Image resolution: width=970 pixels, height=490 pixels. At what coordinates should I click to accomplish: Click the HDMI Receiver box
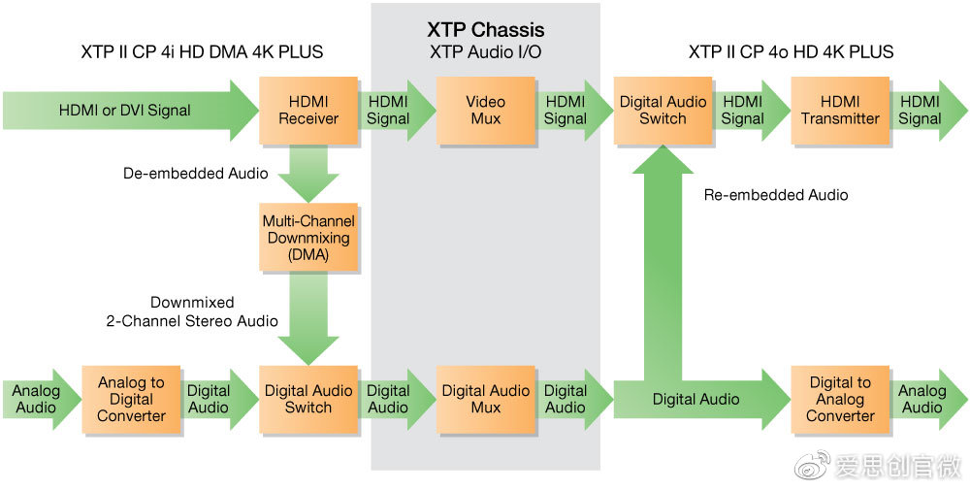[308, 111]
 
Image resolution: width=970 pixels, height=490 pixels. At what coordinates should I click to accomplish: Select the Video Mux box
[486, 111]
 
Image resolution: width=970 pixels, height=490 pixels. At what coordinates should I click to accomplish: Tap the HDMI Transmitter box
[840, 111]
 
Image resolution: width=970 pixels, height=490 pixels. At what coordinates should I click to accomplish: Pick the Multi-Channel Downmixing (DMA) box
[308, 238]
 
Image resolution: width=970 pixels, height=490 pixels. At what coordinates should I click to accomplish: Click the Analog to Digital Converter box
[131, 399]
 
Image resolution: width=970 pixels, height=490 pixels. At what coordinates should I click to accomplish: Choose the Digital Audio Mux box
[486, 399]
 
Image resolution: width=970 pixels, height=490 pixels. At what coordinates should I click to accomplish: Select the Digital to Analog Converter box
[840, 399]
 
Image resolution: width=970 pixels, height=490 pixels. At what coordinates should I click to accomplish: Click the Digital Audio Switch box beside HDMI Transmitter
[663, 111]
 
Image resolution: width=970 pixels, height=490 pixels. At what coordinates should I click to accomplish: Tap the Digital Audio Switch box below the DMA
[308, 399]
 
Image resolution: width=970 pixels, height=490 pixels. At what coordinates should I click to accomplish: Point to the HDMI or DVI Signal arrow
[126, 111]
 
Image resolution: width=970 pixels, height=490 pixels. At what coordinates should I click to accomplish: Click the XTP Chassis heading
[486, 30]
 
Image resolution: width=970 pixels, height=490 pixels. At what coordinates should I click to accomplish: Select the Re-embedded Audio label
[776, 195]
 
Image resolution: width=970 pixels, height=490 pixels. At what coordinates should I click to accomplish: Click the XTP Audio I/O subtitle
[486, 51]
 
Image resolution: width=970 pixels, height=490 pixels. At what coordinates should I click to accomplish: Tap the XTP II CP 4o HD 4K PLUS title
[792, 51]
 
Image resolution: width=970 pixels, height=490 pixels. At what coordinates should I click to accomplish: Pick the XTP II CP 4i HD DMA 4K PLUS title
[202, 51]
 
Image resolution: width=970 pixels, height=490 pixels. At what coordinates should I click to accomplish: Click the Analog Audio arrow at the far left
[37, 399]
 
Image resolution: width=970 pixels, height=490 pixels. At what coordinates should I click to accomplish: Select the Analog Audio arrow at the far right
[924, 399]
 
